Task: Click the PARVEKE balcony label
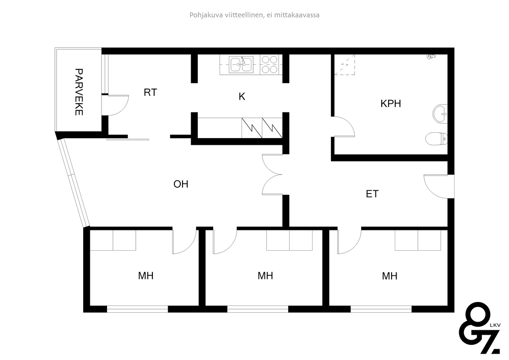[x=79, y=92]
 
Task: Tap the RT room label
[x=150, y=93]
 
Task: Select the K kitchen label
[x=242, y=96]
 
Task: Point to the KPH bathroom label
[x=390, y=103]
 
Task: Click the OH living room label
[x=181, y=184]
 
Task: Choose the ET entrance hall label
[x=372, y=194]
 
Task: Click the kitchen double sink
[x=241, y=64]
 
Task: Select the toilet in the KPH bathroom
[x=436, y=139]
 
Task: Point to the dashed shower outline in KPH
[x=345, y=65]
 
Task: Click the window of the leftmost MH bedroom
[x=137, y=309]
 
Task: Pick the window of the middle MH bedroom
[x=258, y=309]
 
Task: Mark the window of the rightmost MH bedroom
[x=381, y=309]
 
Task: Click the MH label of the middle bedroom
[x=265, y=276]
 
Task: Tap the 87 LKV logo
[x=479, y=328]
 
